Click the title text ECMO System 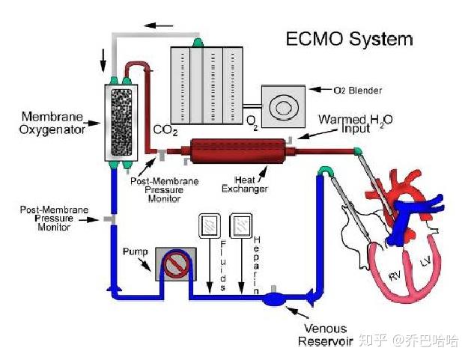[350, 39]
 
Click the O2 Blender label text [357, 91]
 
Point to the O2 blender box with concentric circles [283, 107]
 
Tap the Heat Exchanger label [244, 183]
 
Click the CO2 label [166, 130]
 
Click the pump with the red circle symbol [177, 265]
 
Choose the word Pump [136, 252]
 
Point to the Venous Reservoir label [324, 335]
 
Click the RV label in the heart [395, 275]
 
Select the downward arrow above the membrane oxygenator [103, 56]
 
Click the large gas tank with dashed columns [203, 84]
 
